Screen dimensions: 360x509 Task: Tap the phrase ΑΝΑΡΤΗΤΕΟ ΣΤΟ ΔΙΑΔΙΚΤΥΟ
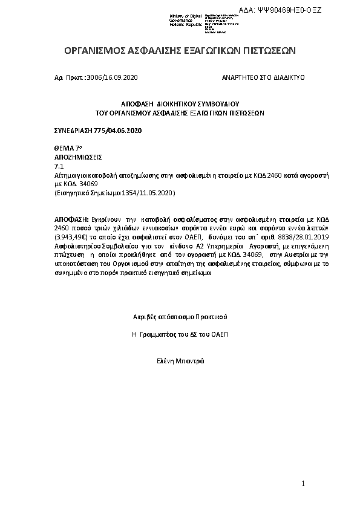(263, 78)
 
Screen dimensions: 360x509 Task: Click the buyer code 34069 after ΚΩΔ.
(88, 183)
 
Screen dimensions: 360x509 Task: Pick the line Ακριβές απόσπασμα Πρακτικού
(180, 317)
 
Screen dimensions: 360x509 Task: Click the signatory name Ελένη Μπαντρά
(180, 361)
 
